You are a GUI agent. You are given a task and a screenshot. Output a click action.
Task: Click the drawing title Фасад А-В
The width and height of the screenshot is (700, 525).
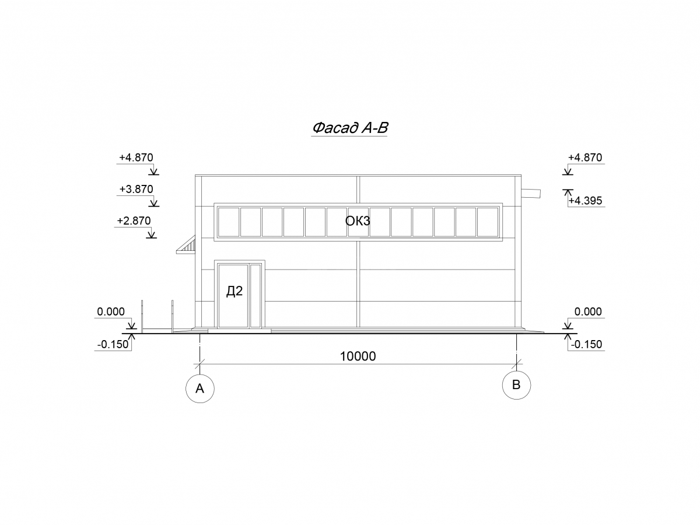click(349, 128)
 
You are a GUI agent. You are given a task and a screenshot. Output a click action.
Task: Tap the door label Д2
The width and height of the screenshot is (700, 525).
click(235, 290)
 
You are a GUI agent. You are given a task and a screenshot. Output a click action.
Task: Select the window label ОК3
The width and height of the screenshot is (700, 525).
click(358, 220)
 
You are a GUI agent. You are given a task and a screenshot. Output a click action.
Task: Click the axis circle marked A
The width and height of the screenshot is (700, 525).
click(200, 388)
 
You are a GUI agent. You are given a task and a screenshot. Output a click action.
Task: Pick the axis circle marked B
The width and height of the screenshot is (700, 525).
click(516, 385)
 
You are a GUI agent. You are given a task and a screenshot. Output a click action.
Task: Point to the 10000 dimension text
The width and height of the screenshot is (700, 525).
click(358, 356)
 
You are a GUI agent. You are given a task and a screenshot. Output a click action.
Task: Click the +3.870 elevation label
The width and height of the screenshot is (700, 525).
click(136, 189)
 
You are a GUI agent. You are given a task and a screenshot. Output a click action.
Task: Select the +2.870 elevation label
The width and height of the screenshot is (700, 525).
click(134, 220)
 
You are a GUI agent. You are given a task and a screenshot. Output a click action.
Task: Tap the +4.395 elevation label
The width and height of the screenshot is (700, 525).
click(585, 201)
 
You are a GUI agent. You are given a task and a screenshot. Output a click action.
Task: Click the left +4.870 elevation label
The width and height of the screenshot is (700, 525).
click(136, 157)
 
